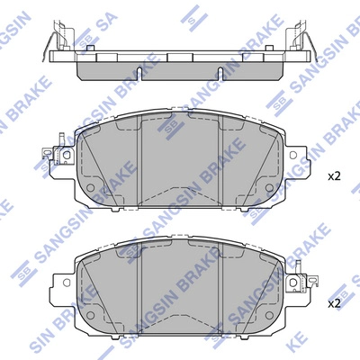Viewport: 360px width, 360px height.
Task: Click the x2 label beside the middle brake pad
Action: (x=334, y=176)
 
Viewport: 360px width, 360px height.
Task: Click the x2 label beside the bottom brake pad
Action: (x=334, y=304)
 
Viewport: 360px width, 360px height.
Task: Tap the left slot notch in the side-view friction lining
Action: (x=139, y=72)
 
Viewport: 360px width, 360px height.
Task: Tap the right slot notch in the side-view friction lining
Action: (x=220, y=72)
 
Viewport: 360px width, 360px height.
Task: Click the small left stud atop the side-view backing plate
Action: (x=90, y=48)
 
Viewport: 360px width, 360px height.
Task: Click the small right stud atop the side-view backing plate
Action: (x=269, y=48)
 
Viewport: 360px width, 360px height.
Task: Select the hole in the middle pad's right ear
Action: (x=293, y=155)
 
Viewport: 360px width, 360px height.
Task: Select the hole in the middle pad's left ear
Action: (x=67, y=155)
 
